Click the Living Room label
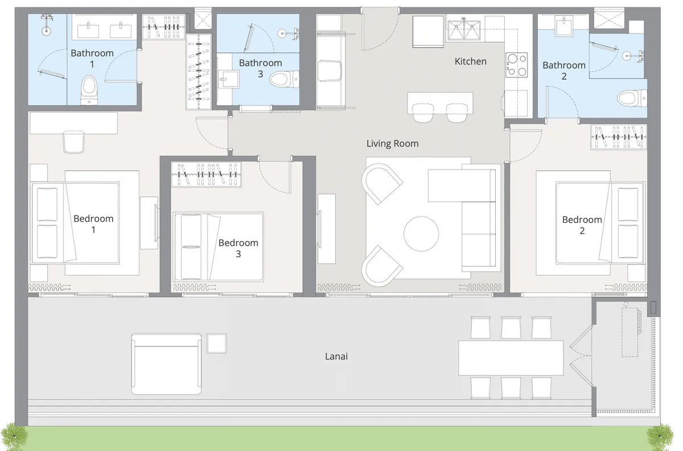click(x=392, y=143)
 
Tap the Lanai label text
click(x=336, y=357)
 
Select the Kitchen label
click(x=470, y=61)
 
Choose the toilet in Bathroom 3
click(x=283, y=78)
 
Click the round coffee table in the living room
click(x=421, y=233)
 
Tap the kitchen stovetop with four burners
click(x=517, y=64)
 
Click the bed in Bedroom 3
click(x=218, y=246)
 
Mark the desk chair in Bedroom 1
click(x=74, y=142)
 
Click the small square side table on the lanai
click(x=217, y=344)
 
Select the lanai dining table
click(x=511, y=358)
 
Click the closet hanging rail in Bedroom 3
click(x=206, y=175)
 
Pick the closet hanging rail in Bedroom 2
click(x=619, y=137)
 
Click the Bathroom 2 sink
click(x=565, y=23)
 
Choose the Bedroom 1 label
click(x=93, y=224)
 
